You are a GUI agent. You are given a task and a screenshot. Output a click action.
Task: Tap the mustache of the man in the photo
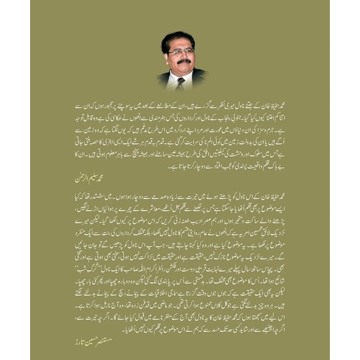pos(183,62)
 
